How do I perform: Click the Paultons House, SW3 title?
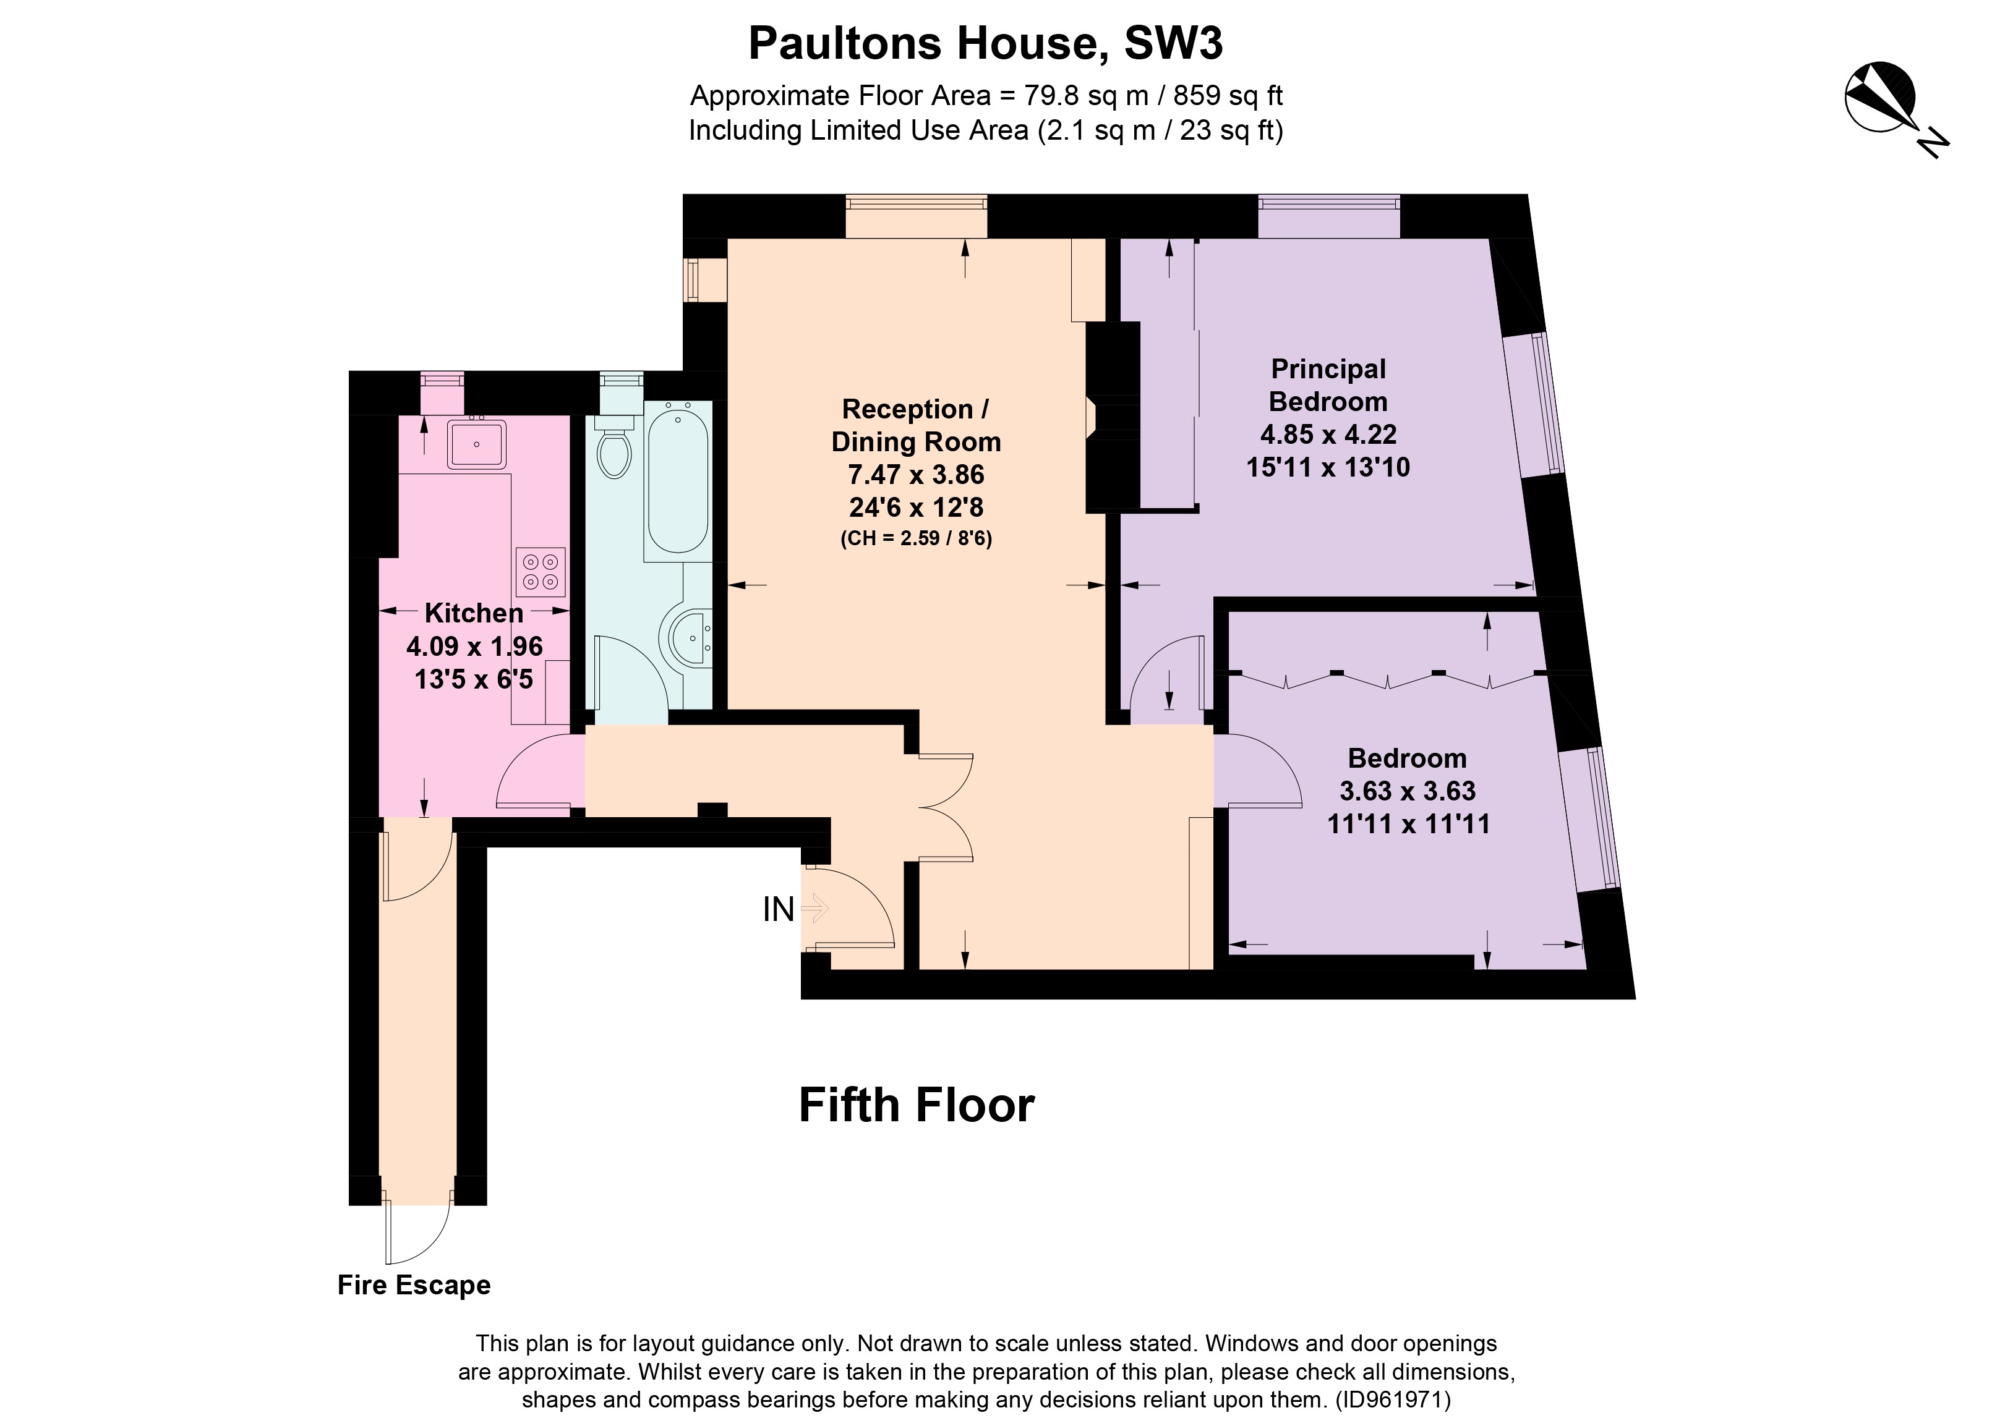(x=985, y=44)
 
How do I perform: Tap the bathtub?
(x=677, y=480)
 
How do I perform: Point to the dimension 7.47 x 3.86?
(x=915, y=475)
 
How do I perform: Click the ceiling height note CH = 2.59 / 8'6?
(x=915, y=539)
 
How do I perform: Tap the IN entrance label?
(x=778, y=910)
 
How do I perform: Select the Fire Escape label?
(x=414, y=1286)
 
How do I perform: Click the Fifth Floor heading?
(x=915, y=1105)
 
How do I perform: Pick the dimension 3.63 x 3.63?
(x=1407, y=791)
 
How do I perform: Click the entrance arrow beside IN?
(x=815, y=909)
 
